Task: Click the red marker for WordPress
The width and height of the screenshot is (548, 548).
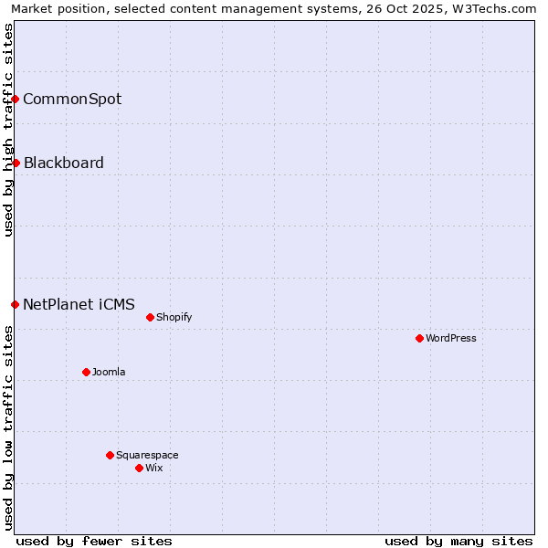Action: point(419,338)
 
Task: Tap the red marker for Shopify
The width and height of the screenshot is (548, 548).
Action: point(150,317)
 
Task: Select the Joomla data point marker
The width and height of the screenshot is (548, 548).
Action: point(86,372)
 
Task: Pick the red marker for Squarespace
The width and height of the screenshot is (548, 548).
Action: point(110,455)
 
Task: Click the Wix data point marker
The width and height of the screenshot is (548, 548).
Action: point(139,468)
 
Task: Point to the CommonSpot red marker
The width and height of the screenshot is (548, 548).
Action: point(16,99)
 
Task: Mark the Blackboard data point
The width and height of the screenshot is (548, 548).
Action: point(16,163)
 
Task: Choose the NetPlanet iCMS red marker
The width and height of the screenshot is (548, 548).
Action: point(15,304)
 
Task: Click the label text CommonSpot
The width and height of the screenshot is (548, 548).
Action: point(72,99)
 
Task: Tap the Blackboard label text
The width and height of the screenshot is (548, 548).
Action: point(64,163)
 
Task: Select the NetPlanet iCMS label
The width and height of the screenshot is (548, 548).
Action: point(79,304)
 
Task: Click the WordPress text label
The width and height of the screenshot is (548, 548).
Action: point(451,338)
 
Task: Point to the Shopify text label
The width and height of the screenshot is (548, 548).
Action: point(174,317)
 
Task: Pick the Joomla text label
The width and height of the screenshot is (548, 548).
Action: point(109,372)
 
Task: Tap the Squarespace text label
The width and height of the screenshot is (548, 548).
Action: point(147,455)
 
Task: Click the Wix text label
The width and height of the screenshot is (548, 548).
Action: point(154,468)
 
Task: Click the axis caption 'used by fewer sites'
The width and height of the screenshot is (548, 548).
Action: point(94,541)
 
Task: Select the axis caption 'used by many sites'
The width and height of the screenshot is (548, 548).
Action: point(458,541)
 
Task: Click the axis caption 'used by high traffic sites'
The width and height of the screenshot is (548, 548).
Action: point(8,130)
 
